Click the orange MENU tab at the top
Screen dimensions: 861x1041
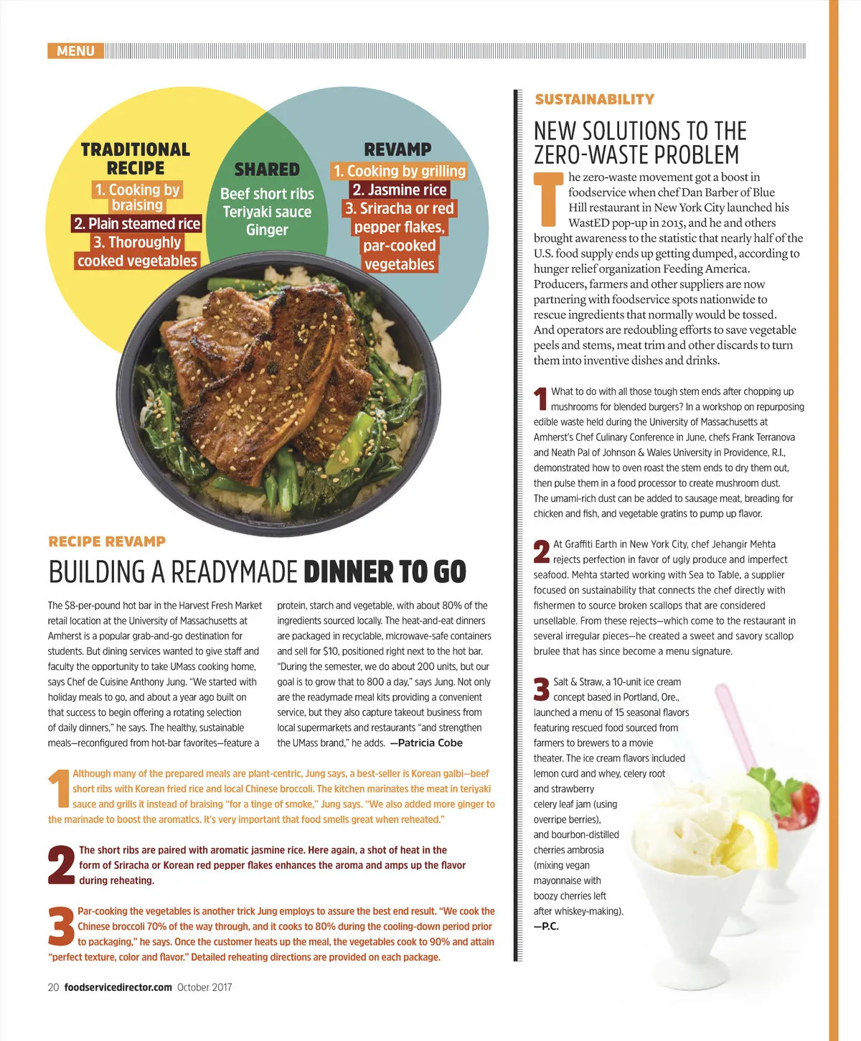[76, 51]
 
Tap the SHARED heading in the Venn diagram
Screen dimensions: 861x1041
[267, 169]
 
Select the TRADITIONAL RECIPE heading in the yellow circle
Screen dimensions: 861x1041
[136, 159]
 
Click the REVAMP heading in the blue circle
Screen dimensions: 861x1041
[397, 149]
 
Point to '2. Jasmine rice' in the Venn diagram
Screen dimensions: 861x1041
[400, 190]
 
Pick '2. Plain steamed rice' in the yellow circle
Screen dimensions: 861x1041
[137, 224]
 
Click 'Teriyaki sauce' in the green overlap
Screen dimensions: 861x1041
[267, 212]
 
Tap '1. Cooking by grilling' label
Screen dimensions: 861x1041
[400, 171]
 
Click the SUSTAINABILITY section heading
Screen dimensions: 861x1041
[595, 99]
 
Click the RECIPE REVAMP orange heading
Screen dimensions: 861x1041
[107, 541]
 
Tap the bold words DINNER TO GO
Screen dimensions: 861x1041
[385, 571]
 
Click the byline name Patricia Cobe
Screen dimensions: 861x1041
[430, 743]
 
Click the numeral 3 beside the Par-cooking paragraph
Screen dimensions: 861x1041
[61, 927]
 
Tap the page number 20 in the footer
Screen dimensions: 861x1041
[53, 987]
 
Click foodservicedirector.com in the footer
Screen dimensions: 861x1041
[118, 987]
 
